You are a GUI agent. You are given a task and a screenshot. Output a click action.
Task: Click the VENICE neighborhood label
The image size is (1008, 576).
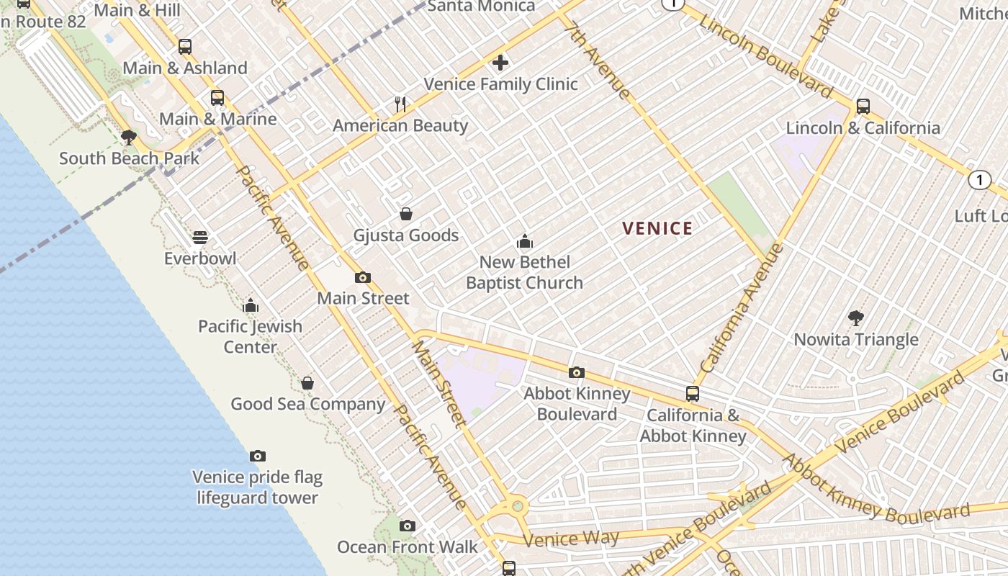point(657,229)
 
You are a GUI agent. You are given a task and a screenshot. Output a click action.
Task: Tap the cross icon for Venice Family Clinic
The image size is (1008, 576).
point(500,63)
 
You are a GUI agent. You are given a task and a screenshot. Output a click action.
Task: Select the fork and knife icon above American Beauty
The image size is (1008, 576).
point(400,104)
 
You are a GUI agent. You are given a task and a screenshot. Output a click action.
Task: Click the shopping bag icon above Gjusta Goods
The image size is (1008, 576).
point(406,214)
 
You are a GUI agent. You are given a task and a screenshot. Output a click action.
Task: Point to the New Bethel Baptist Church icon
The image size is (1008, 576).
point(525,241)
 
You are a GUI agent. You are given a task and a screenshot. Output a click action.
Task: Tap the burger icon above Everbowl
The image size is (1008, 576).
point(200,237)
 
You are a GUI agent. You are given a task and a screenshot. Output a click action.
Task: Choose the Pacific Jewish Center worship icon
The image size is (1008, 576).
point(251,305)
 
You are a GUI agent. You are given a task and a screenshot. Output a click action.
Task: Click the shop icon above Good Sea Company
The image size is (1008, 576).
point(307,383)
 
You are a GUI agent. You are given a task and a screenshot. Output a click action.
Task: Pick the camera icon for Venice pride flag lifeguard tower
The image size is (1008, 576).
point(258,456)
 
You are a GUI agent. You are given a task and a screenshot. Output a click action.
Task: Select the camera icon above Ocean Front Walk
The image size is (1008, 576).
point(408,526)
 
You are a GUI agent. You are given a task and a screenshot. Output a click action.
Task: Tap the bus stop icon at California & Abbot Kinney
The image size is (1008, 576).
point(693,394)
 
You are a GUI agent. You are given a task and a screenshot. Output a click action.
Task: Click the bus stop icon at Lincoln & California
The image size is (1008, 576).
point(863,107)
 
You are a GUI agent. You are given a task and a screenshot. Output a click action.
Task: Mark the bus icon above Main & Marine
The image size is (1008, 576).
point(217,98)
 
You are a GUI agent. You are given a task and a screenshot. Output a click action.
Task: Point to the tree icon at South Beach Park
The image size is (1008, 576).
point(129,137)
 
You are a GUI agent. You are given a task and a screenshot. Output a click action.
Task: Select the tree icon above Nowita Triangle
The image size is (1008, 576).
point(856,318)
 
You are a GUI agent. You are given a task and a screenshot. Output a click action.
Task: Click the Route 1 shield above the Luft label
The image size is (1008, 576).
point(979,180)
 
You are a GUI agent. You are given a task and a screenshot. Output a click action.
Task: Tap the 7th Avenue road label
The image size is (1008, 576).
point(598,60)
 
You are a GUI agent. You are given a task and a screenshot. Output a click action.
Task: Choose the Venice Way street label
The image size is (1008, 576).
point(571,539)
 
